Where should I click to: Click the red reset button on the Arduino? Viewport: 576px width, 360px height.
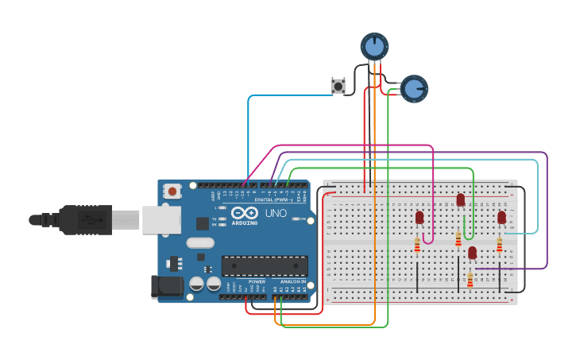(172, 191)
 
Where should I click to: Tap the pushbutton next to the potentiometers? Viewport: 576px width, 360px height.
(338, 86)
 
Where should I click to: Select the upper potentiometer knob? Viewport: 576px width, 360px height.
(374, 47)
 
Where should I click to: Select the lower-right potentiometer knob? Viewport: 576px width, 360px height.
(413, 89)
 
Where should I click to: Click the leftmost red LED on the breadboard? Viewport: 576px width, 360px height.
(419, 217)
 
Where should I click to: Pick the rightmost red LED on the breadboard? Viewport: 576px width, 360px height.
(501, 217)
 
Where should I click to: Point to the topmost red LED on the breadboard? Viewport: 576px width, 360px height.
(460, 199)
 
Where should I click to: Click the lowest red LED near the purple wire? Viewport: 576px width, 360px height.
(472, 253)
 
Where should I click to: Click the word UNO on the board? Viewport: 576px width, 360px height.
(276, 213)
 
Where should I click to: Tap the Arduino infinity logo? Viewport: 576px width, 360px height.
(245, 213)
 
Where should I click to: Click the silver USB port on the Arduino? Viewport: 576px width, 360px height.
(162, 220)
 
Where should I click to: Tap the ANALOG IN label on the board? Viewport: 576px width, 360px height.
(293, 281)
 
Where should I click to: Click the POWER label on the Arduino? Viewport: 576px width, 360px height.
(257, 281)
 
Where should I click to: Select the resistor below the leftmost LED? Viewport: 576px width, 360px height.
(417, 247)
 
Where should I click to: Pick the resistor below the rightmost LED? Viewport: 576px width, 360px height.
(500, 245)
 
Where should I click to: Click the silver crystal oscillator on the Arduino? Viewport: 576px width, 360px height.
(200, 243)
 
